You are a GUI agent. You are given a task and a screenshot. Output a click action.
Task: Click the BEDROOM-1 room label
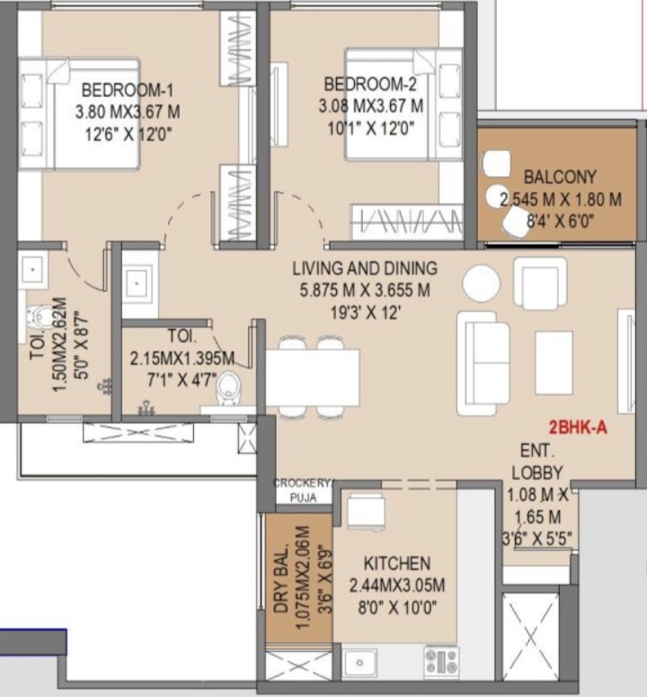[128, 90]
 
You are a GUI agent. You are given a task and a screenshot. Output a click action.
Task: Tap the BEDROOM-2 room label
[370, 84]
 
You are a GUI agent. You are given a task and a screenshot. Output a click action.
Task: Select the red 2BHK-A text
[578, 427]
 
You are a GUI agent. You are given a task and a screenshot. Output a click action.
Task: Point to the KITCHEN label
[397, 563]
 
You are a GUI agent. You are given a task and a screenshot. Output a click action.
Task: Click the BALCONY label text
[560, 177]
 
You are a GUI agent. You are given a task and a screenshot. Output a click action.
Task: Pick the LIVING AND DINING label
[365, 268]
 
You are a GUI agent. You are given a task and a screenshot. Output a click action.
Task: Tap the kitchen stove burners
[441, 661]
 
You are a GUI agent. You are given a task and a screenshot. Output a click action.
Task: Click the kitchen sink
[359, 663]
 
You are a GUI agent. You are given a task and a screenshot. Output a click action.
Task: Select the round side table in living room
[482, 283]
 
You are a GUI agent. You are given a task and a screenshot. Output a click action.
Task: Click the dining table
[313, 379]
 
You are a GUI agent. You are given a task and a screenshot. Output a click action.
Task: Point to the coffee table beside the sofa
[554, 362]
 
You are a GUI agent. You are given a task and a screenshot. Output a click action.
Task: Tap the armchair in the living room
[540, 283]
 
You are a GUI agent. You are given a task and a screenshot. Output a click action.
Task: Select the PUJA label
[304, 498]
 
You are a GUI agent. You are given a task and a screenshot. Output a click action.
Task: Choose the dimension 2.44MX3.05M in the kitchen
[397, 585]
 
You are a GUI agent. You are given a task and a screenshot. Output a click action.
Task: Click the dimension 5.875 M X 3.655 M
[365, 290]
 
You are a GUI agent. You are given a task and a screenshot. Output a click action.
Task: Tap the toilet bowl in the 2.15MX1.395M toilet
[228, 388]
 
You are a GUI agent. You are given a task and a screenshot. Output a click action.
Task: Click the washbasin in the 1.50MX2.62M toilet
[33, 270]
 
